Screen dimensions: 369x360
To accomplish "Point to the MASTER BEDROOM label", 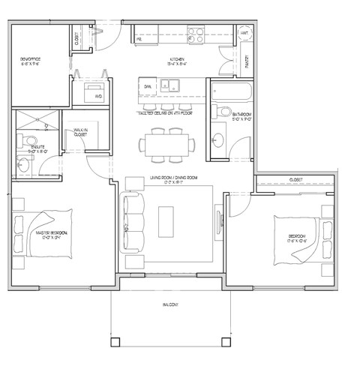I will [x=52, y=235].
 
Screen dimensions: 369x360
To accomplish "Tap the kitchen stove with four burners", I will [x=196, y=34].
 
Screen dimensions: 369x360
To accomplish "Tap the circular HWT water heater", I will [x=244, y=34].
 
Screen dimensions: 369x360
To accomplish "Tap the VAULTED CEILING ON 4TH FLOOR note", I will [x=166, y=112].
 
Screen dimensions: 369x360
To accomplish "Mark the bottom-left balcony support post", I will [x=115, y=342].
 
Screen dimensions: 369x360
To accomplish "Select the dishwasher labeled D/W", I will [x=148, y=87].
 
